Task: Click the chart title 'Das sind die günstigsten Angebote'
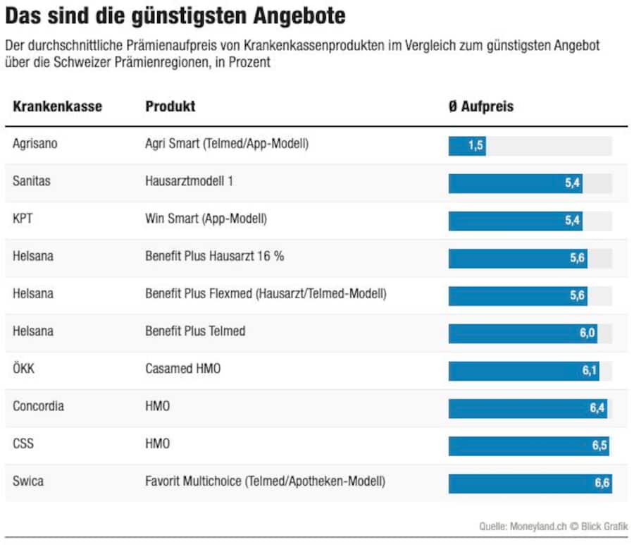[x=175, y=16]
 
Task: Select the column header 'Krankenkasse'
[x=57, y=106]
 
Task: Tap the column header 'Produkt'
[x=170, y=106]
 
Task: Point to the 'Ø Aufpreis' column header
[x=480, y=107]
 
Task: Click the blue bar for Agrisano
[x=467, y=146]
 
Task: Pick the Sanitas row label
[x=32, y=181]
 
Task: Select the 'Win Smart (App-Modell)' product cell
[x=206, y=219]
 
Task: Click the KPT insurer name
[x=23, y=219]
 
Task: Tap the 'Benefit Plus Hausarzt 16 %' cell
[x=214, y=256]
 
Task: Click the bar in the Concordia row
[x=527, y=408]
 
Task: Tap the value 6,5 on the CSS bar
[x=599, y=446]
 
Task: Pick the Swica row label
[x=27, y=482]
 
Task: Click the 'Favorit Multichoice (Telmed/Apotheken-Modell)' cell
[x=265, y=482]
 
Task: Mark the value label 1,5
[x=475, y=146]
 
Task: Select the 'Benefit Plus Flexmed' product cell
[x=266, y=293]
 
